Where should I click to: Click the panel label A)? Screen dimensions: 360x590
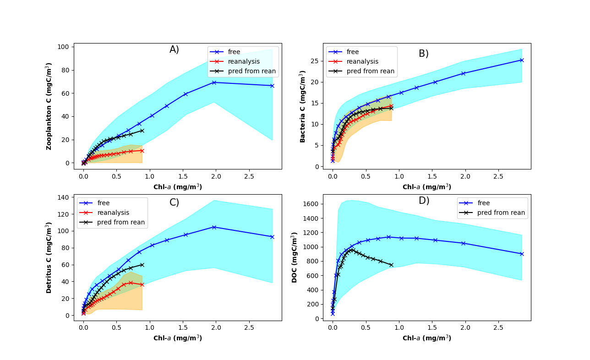(x=174, y=49)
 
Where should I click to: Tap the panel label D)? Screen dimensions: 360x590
(x=424, y=201)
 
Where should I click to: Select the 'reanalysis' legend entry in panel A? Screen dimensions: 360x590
(x=244, y=61)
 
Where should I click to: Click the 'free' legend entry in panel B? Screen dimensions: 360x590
(x=353, y=52)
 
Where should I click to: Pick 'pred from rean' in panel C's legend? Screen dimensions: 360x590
(x=121, y=222)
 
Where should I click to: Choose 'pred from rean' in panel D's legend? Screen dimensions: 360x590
(x=501, y=213)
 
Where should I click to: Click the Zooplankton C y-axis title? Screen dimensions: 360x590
(x=48, y=106)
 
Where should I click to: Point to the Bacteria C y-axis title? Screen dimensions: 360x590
(x=302, y=106)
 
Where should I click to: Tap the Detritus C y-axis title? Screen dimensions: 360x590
(x=48, y=257)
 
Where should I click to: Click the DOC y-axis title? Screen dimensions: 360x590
(x=295, y=257)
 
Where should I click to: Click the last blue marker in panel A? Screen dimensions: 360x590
(x=272, y=86)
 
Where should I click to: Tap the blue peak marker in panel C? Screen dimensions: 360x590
(x=214, y=227)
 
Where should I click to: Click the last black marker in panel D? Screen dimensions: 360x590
(x=391, y=265)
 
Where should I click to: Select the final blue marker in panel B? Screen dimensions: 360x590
(x=521, y=60)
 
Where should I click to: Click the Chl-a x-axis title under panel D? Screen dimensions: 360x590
(x=426, y=338)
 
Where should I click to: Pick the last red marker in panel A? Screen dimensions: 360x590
(x=142, y=151)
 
